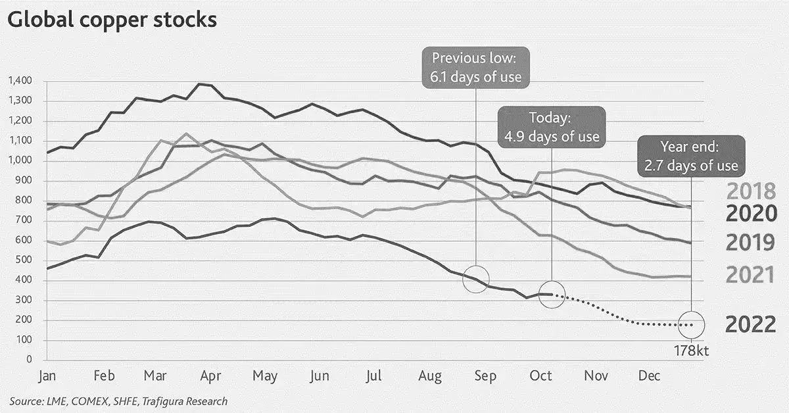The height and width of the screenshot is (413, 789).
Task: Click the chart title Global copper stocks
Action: (x=112, y=20)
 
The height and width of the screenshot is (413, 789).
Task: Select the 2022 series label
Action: (x=750, y=324)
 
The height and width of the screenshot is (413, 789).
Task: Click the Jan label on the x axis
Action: (x=47, y=376)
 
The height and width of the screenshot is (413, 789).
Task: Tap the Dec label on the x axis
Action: (x=649, y=376)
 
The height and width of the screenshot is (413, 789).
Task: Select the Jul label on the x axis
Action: (x=373, y=376)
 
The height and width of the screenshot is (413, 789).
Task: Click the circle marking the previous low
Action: (x=475, y=279)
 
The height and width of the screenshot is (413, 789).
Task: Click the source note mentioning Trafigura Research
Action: (x=118, y=401)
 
